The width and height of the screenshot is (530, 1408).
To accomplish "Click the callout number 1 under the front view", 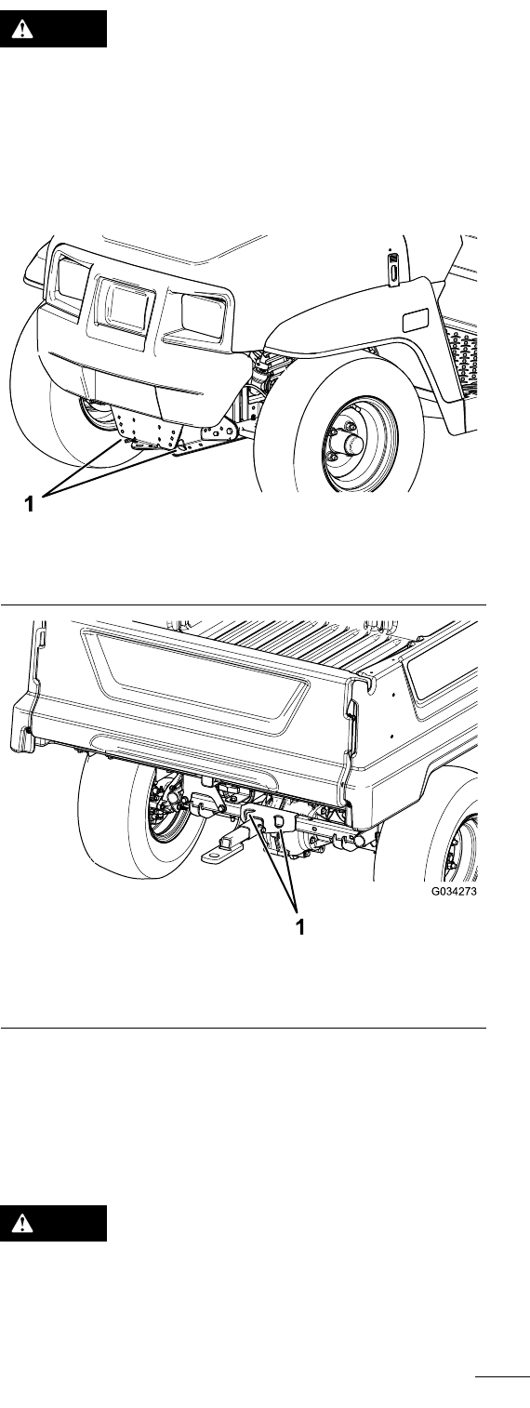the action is click(x=29, y=503).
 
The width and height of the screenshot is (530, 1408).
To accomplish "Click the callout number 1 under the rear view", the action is click(x=300, y=926).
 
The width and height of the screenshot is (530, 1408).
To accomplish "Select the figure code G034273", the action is click(x=454, y=891).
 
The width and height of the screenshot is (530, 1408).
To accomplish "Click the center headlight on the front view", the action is click(x=124, y=309).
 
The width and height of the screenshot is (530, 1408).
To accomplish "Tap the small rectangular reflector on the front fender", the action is click(x=413, y=320).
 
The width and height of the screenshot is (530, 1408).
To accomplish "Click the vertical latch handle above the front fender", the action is click(x=392, y=267).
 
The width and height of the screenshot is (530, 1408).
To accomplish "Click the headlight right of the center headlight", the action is click(x=204, y=315).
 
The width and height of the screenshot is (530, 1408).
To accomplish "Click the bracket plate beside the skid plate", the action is click(x=219, y=432).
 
